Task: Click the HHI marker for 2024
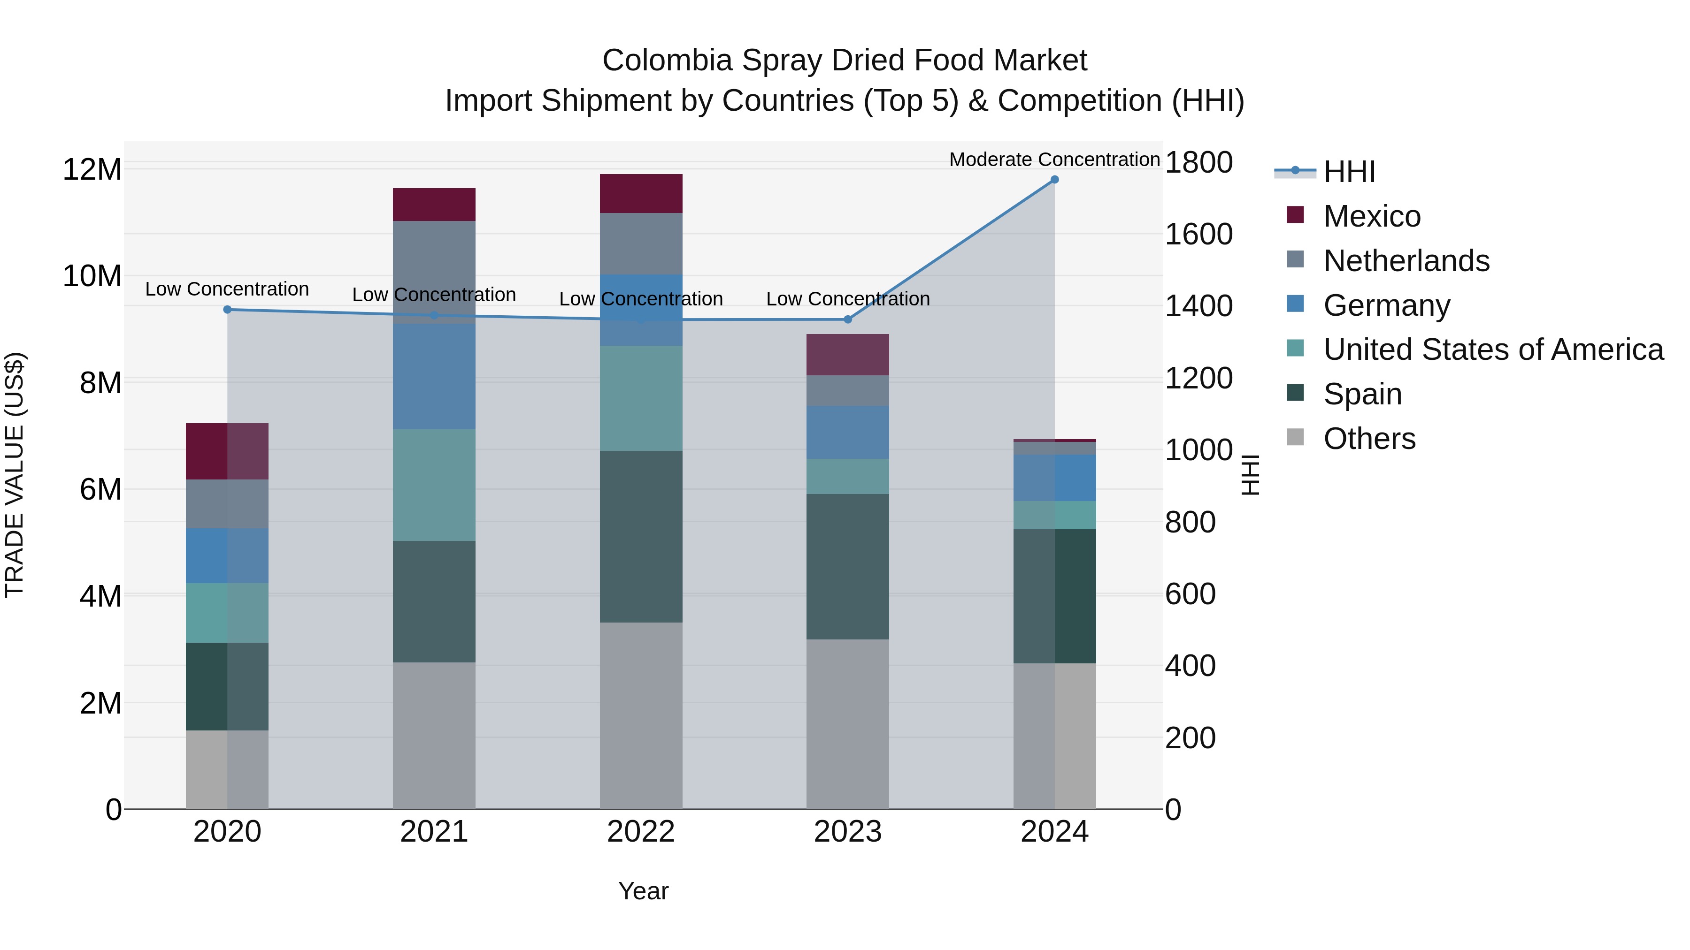click(1054, 180)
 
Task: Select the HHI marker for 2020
click(227, 310)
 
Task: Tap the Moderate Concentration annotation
click(1054, 160)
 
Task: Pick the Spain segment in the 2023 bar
click(848, 566)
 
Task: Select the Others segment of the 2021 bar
click(434, 735)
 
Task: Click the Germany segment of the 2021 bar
click(434, 376)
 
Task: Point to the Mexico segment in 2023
click(848, 355)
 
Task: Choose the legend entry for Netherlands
click(1406, 261)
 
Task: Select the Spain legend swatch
click(1295, 394)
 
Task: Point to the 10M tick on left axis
click(92, 276)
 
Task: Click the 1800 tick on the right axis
click(1198, 163)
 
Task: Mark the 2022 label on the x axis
click(641, 832)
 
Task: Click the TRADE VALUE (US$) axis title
click(15, 475)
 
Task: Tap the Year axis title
click(643, 891)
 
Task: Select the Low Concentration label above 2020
click(227, 289)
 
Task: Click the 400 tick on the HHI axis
click(1190, 666)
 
